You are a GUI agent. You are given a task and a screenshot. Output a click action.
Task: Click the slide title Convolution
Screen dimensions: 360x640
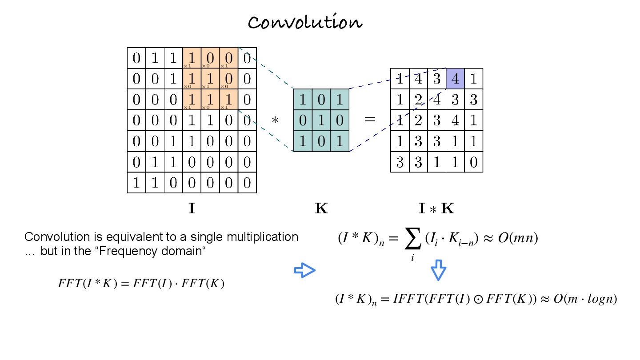tap(305, 22)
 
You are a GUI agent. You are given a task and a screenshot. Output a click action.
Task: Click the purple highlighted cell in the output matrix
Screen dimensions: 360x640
tap(455, 79)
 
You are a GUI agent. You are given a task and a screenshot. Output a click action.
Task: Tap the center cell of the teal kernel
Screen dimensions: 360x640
tap(321, 120)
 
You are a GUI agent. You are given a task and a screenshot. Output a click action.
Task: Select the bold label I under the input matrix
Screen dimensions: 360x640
tap(192, 208)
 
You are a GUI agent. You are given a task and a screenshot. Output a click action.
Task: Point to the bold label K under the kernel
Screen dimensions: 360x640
tap(321, 208)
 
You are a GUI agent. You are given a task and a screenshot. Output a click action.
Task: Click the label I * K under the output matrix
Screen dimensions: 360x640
tap(436, 208)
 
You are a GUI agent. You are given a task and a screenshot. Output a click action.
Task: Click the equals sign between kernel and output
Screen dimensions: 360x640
tap(370, 120)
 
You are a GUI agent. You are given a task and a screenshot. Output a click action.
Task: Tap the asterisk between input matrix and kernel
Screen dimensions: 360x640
tap(275, 120)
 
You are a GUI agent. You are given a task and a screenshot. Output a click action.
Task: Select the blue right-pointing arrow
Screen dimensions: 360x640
tap(305, 270)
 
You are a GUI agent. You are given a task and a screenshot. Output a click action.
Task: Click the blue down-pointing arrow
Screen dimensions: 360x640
tap(438, 270)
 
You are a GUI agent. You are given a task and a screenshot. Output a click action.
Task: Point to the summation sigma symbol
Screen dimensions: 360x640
tap(412, 240)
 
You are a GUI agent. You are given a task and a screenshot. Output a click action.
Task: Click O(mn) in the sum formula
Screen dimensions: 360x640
tap(518, 238)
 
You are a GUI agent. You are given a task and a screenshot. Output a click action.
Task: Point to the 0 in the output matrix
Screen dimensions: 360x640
tap(473, 162)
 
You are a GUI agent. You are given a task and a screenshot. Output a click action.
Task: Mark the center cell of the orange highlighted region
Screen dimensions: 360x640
tap(210, 79)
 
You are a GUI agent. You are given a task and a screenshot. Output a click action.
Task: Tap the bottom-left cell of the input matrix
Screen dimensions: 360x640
tap(136, 183)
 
